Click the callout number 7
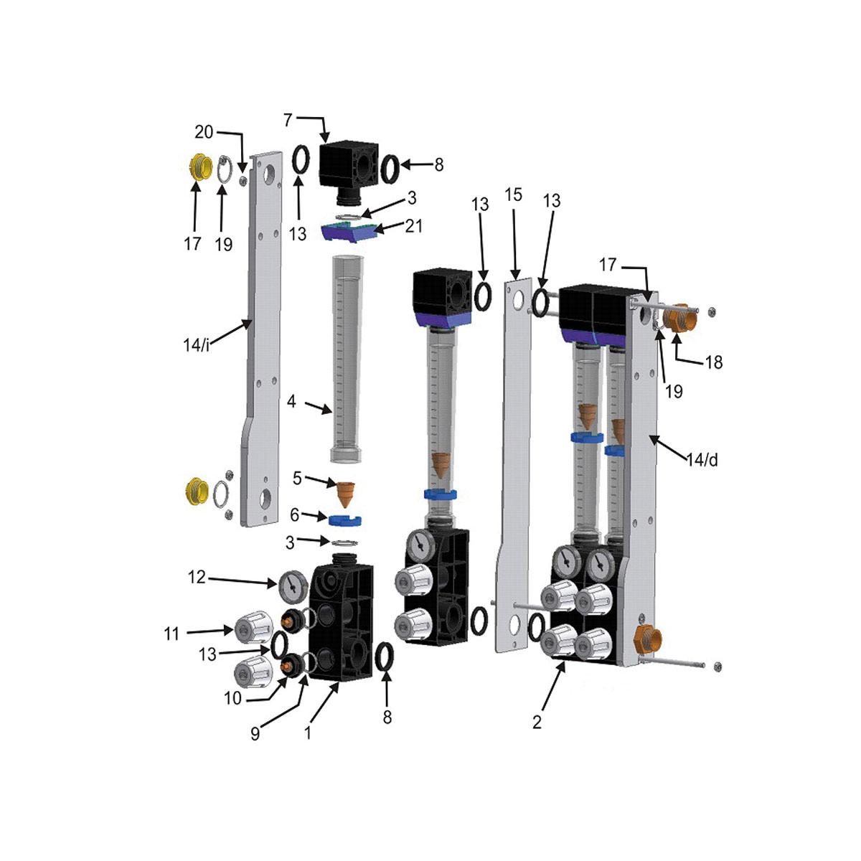tap(288, 120)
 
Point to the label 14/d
tap(702, 460)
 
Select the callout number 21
tap(413, 226)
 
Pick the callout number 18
tap(713, 362)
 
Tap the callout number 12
tap(197, 576)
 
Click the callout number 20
tap(204, 132)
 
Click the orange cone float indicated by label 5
tap(347, 494)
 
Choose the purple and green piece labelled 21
tap(348, 231)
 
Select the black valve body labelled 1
tap(342, 621)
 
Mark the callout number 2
tap(537, 723)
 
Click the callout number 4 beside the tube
tap(291, 402)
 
